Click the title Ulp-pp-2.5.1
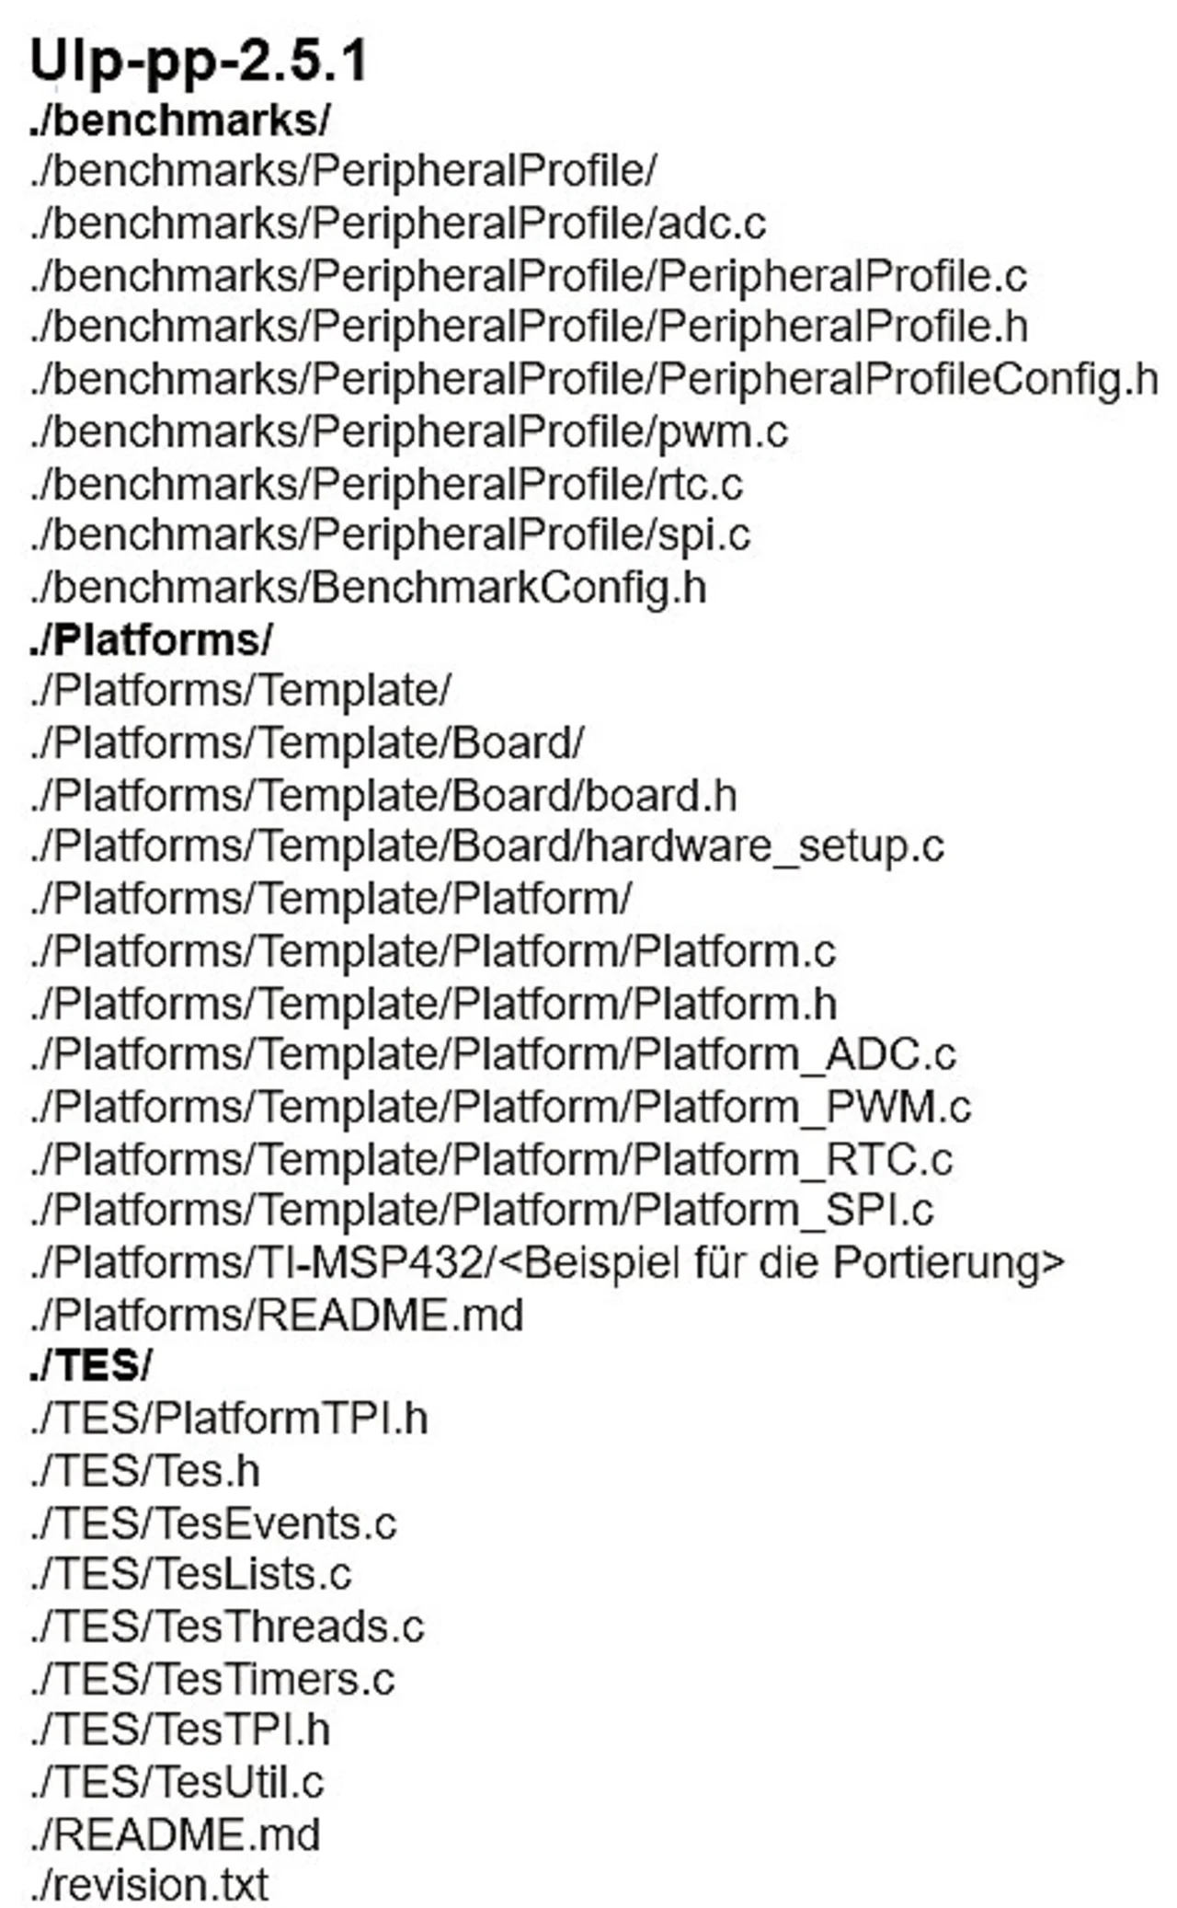[199, 63]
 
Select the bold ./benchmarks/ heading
[179, 121]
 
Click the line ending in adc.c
[397, 224]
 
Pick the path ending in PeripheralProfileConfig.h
[593, 379]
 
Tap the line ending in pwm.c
[408, 431]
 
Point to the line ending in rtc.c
[386, 484]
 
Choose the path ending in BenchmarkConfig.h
[368, 588]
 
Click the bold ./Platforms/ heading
[151, 640]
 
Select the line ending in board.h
[383, 796]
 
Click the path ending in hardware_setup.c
[486, 847]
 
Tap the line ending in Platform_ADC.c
[493, 1054]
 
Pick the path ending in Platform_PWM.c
[500, 1107]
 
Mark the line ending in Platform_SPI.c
[482, 1210]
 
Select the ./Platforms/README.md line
[276, 1315]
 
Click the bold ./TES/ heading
[90, 1366]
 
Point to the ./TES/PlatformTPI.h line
[229, 1419]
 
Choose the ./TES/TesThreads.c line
[227, 1626]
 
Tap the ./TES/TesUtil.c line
[177, 1782]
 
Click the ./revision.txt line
[149, 1884]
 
